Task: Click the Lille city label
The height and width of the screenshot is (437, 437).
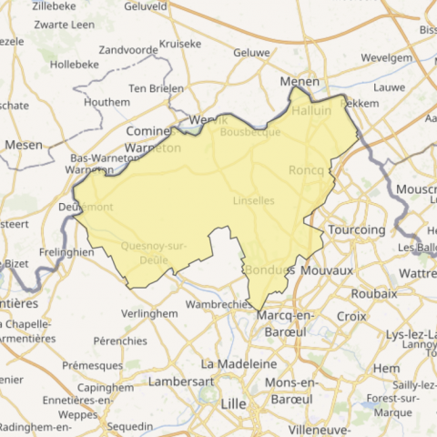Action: [234, 402]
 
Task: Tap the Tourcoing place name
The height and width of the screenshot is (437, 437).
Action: [356, 229]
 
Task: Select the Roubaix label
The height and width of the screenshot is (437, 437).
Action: [373, 293]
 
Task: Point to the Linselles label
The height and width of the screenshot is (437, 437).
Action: [254, 199]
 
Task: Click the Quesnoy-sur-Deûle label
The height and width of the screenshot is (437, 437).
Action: [153, 252]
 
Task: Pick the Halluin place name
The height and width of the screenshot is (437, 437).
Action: [312, 110]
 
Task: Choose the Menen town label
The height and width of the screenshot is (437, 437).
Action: [300, 81]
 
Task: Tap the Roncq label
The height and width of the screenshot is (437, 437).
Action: [306, 170]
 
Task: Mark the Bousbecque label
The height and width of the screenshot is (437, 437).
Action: [250, 132]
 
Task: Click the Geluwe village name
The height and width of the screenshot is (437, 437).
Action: [251, 53]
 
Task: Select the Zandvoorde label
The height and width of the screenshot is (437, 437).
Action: [128, 49]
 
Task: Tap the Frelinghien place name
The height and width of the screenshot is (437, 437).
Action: [66, 252]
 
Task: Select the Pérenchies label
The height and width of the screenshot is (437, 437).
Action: [120, 340]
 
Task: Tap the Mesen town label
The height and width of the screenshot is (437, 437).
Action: [24, 144]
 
